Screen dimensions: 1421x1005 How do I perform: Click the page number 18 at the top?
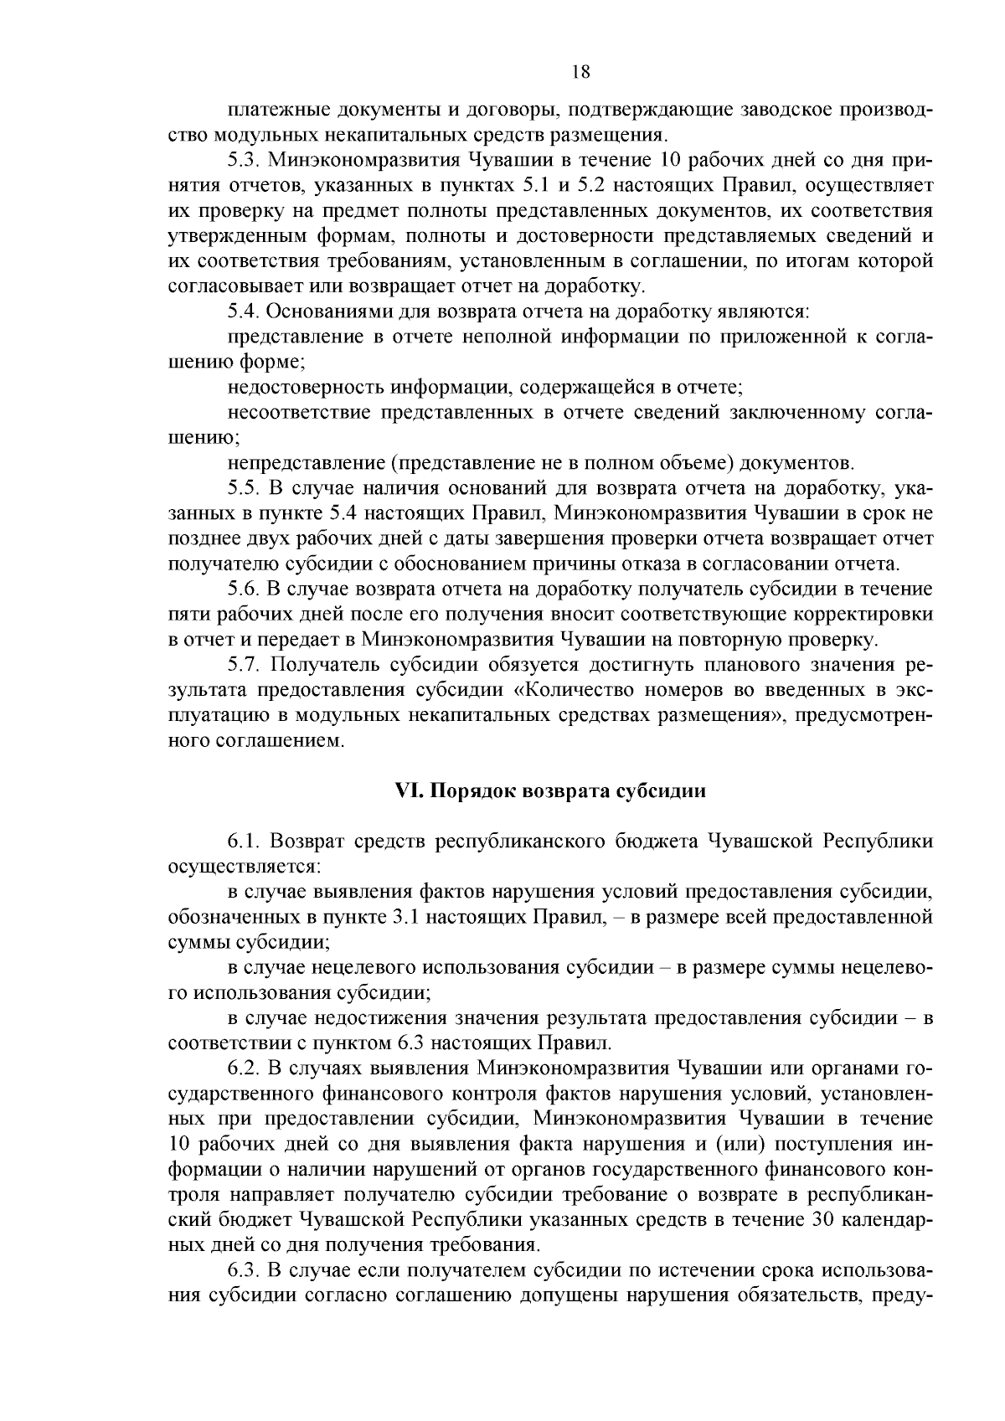tap(580, 72)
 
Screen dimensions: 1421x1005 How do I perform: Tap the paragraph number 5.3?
tap(243, 161)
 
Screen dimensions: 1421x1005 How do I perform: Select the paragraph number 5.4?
tap(243, 311)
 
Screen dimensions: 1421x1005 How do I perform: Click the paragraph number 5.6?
tap(243, 590)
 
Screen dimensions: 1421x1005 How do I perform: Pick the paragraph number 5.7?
tap(243, 665)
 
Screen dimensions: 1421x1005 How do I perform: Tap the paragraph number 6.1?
tap(243, 841)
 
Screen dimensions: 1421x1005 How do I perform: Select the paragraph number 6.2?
tap(243, 1068)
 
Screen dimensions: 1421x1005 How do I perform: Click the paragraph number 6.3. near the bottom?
tap(243, 1269)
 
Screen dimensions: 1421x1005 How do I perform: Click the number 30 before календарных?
tap(825, 1218)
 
